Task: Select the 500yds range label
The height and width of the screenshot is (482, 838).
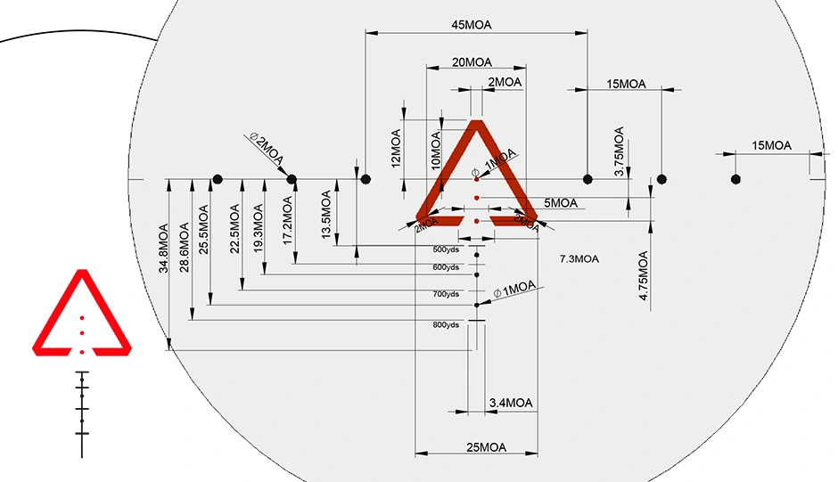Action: click(446, 249)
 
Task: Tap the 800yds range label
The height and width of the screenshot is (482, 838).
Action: click(446, 325)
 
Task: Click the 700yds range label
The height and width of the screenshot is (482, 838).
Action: click(446, 294)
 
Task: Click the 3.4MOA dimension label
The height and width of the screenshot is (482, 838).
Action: click(511, 404)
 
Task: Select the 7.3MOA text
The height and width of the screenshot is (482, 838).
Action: click(579, 259)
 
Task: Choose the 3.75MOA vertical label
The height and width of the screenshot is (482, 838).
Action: click(620, 151)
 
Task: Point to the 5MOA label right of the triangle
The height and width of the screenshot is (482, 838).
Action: click(561, 203)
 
